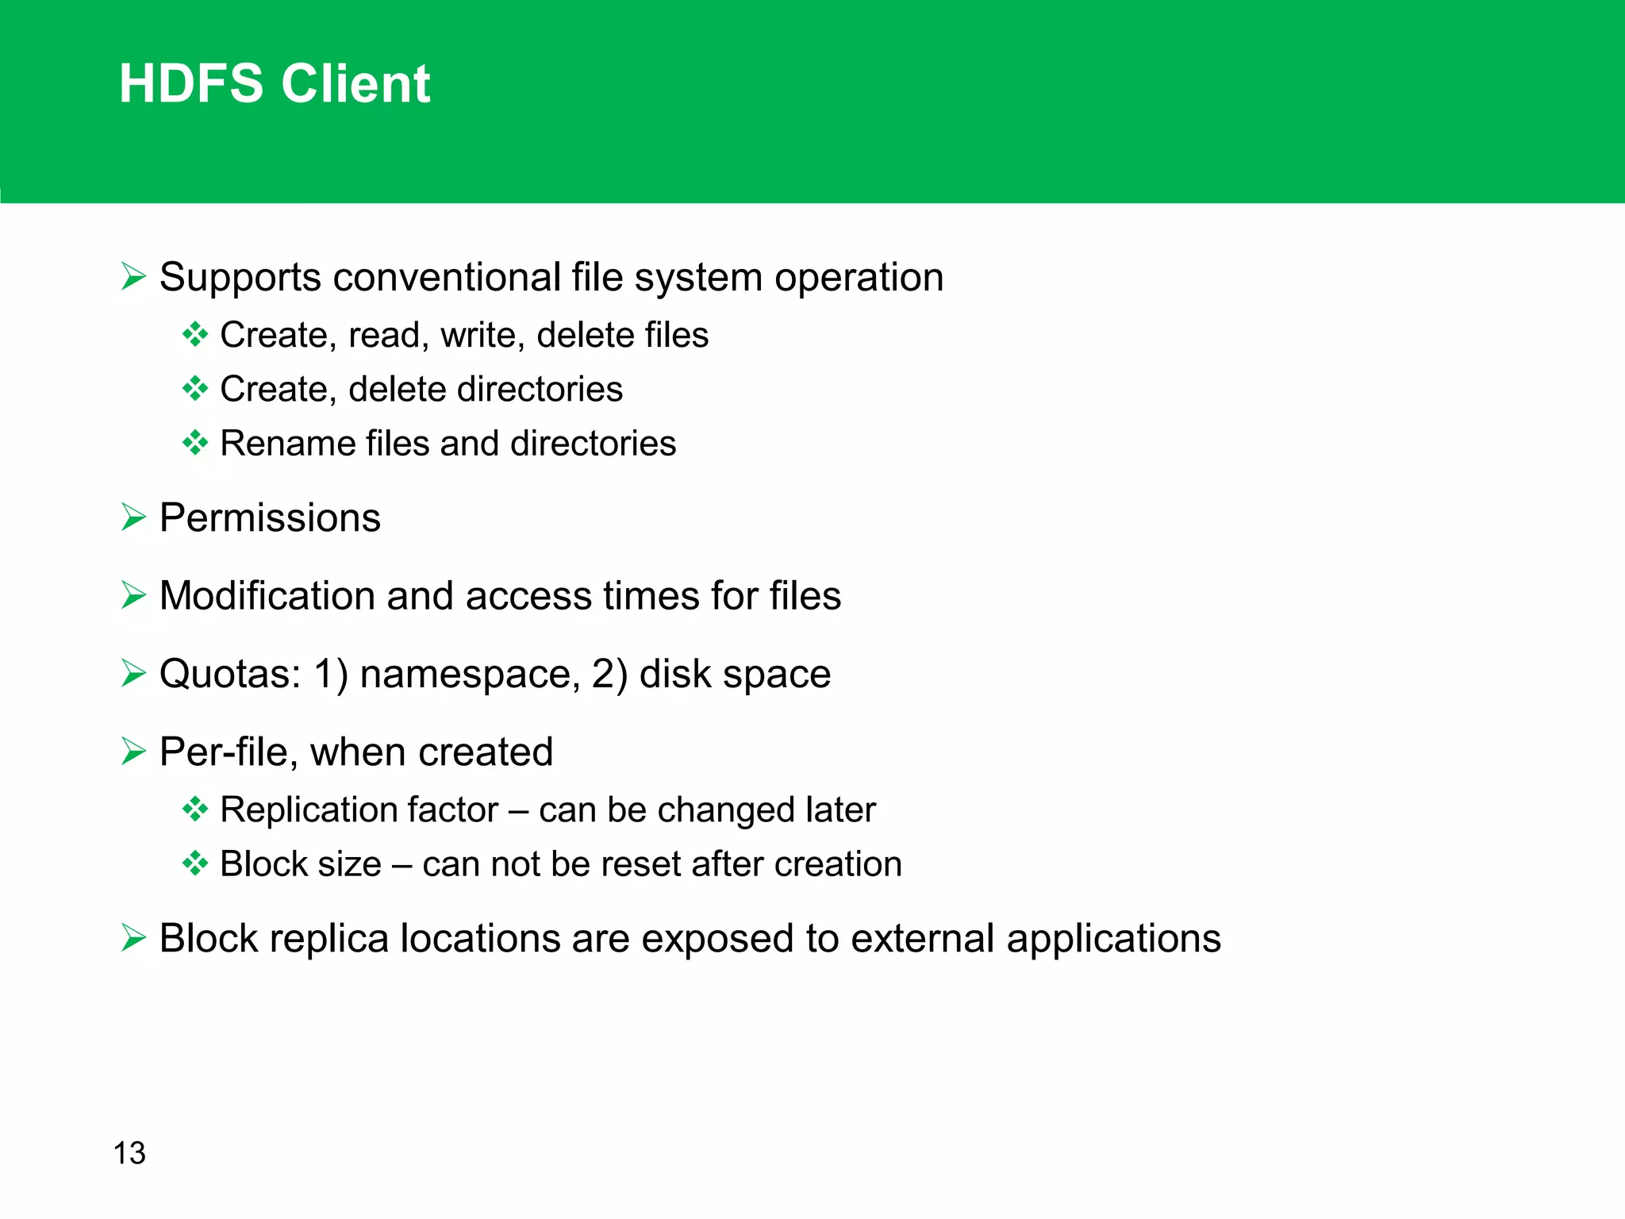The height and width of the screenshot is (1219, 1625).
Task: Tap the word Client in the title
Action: coord(355,83)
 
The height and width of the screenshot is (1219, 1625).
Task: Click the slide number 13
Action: coord(129,1153)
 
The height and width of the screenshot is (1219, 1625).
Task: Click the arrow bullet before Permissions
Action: coord(133,517)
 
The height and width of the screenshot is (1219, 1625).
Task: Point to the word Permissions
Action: coord(270,518)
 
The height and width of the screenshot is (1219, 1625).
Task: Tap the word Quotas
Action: coord(229,674)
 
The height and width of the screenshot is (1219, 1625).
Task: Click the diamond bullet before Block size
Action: coord(194,863)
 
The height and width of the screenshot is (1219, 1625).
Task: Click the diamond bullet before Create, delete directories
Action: coord(194,389)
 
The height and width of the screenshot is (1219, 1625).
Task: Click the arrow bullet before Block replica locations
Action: coord(133,938)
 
